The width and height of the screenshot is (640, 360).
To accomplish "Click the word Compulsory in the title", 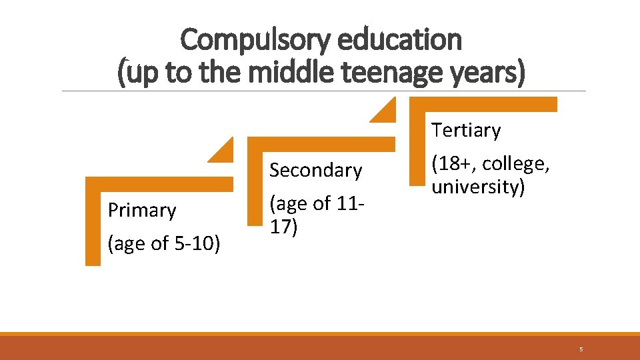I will (x=255, y=39).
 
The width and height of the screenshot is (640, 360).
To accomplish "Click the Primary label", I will (x=142, y=211).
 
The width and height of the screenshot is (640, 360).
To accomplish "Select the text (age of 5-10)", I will (x=164, y=244).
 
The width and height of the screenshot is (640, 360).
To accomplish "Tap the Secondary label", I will (x=315, y=171).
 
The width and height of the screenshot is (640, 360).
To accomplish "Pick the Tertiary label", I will (x=465, y=131).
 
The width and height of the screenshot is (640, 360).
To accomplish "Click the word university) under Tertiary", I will (x=478, y=187).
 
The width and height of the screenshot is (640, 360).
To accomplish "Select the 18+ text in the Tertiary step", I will (x=457, y=164).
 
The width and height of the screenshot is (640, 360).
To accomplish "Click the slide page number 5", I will (x=581, y=349).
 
